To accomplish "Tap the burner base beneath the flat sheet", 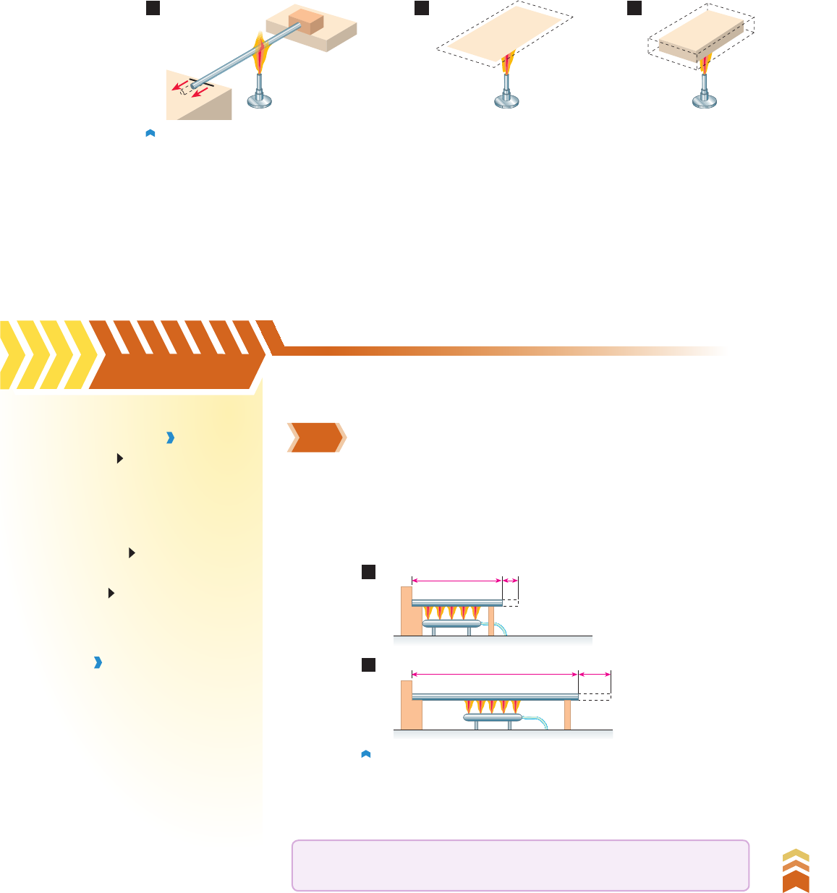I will [506, 101].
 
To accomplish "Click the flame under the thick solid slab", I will [705, 64].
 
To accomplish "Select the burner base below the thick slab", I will [705, 101].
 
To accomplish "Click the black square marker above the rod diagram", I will [152, 8].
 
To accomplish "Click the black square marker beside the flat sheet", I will [422, 8].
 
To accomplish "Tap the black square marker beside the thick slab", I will [634, 8].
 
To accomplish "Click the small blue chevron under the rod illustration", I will [150, 133].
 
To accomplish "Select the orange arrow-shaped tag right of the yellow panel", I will [316, 437].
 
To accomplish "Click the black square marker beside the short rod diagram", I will [369, 573].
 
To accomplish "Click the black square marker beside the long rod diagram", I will [369, 665].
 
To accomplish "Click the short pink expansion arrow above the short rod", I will [511, 580].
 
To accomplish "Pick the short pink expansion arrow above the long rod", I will [595, 674].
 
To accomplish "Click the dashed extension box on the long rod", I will [595, 696].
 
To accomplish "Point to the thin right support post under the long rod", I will [568, 714].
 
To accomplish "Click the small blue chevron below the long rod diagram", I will [365, 754].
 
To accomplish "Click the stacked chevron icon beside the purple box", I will [796, 871].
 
